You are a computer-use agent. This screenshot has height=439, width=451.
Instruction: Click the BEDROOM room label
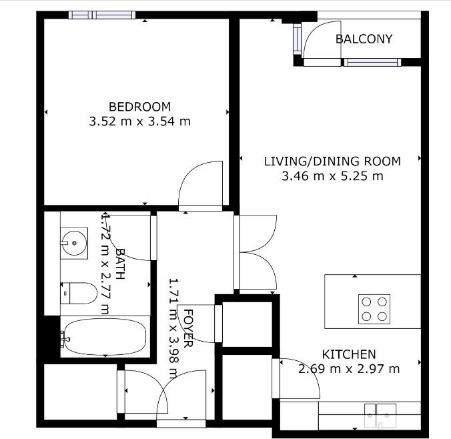click(x=140, y=107)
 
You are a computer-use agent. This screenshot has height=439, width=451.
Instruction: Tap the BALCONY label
click(x=364, y=39)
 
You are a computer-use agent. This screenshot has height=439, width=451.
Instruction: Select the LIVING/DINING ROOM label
click(x=332, y=161)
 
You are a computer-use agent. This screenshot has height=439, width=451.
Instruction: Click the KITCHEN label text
click(x=349, y=354)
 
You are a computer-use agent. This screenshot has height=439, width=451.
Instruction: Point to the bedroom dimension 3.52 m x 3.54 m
click(x=140, y=121)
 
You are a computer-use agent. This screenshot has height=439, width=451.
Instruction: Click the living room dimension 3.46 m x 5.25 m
click(x=332, y=175)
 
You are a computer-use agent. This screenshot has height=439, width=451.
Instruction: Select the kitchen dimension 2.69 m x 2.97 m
click(x=349, y=368)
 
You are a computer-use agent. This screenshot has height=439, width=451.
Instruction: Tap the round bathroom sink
click(x=73, y=243)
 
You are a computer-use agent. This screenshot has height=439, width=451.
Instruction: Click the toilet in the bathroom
click(x=79, y=293)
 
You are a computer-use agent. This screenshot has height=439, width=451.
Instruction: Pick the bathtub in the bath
click(x=105, y=337)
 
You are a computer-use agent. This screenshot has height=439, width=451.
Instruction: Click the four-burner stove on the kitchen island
click(x=374, y=309)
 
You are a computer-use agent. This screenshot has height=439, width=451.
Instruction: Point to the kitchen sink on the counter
click(x=380, y=416)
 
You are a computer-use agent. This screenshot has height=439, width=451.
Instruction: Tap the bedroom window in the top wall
click(x=102, y=15)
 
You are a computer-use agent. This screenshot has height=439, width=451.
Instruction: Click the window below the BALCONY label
click(x=372, y=62)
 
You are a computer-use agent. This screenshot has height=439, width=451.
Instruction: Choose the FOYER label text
click(x=188, y=328)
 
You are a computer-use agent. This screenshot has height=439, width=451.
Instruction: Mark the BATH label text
click(x=120, y=264)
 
